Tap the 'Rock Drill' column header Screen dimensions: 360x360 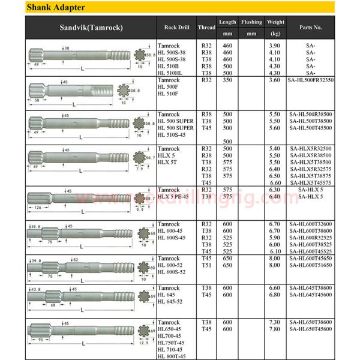177,28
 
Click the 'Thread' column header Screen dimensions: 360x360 207,28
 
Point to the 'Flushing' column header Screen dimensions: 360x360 251,22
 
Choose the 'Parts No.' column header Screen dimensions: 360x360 311,28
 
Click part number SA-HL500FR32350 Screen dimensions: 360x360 311,80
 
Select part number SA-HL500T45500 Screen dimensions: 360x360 311,128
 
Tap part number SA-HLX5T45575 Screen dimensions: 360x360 311,182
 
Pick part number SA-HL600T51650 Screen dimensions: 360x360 311,265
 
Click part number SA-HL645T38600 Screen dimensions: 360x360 311,289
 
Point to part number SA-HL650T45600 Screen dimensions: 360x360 311,329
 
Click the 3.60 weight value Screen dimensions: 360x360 275,80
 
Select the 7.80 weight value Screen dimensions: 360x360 275,329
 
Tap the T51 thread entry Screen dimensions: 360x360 207,265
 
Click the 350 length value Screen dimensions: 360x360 227,80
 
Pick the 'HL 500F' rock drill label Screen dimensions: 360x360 167,87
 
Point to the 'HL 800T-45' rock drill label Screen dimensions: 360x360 172,356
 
